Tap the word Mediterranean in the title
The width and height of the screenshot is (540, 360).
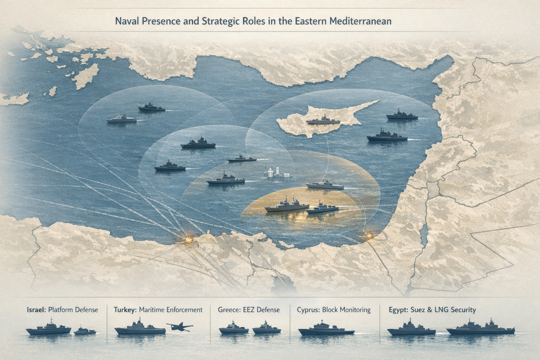coord(361,21)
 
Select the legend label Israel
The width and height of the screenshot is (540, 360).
coord(36,310)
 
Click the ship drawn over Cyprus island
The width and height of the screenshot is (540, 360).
coord(323,121)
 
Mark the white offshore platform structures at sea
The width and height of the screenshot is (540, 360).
coord(276,173)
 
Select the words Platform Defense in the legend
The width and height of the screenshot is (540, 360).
coord(73,310)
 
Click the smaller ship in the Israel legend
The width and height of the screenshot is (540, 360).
coord(84,331)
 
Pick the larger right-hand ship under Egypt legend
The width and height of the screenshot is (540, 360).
coord(480,329)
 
